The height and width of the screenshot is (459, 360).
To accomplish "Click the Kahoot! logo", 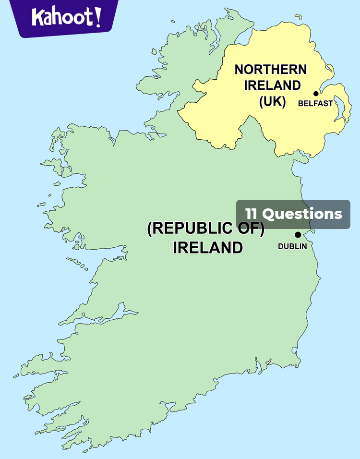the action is point(66,17).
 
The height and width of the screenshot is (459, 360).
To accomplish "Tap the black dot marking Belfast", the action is point(316,94).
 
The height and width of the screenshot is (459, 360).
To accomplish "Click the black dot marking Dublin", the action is point(298,235).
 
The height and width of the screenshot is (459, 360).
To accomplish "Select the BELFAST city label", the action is point(315,103).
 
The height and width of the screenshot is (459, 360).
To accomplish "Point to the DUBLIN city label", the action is point(292,246).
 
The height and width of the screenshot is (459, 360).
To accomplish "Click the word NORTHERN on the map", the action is point(270,70).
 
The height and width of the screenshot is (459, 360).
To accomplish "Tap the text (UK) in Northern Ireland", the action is point(272,102).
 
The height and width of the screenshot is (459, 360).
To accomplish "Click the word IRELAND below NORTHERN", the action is point(272,85).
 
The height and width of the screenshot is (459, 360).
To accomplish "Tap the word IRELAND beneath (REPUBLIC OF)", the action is point(207,247).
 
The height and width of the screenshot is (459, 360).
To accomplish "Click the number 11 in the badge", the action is point(252,214).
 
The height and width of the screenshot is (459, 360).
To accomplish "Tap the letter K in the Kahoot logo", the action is point(37,17).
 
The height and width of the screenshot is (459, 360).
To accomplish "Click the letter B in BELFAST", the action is point(300,103).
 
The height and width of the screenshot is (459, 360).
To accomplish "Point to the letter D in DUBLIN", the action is point(281,246).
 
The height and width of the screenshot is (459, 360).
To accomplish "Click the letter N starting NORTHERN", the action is point(240,70).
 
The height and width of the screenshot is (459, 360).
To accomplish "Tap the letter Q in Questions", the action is point(268,214).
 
